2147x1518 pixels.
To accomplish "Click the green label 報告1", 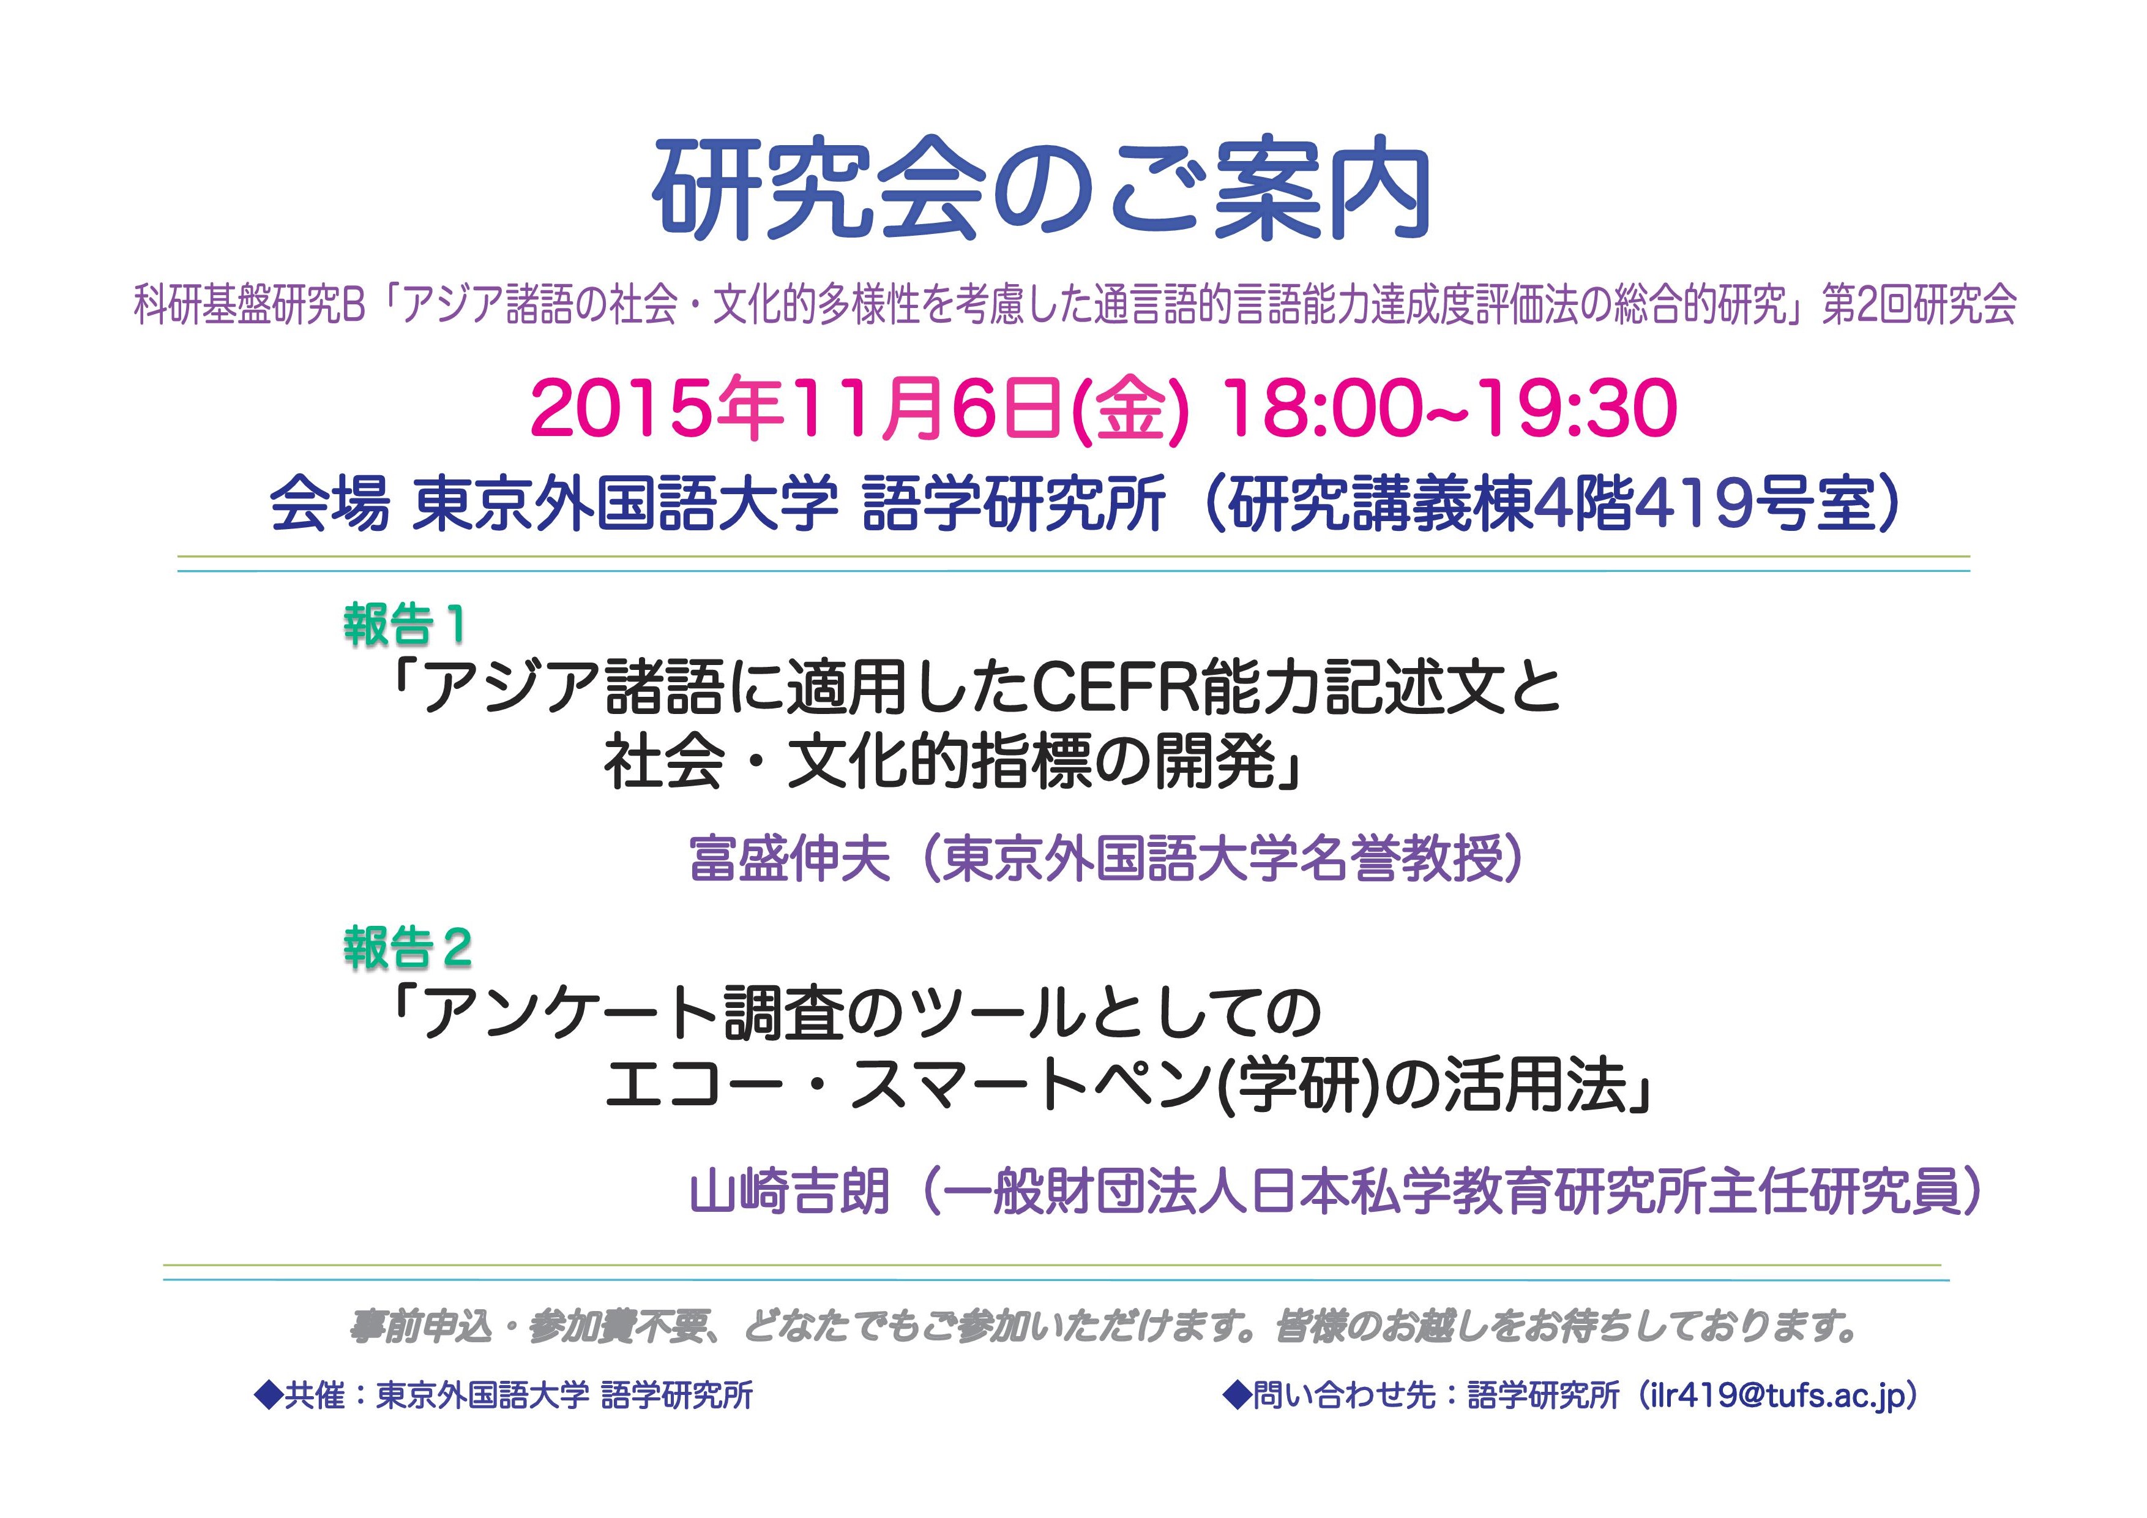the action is pyautogui.click(x=404, y=624).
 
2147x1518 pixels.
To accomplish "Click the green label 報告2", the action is pyautogui.click(x=408, y=949).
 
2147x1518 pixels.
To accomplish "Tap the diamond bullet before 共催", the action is pyautogui.click(x=268, y=1396).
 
